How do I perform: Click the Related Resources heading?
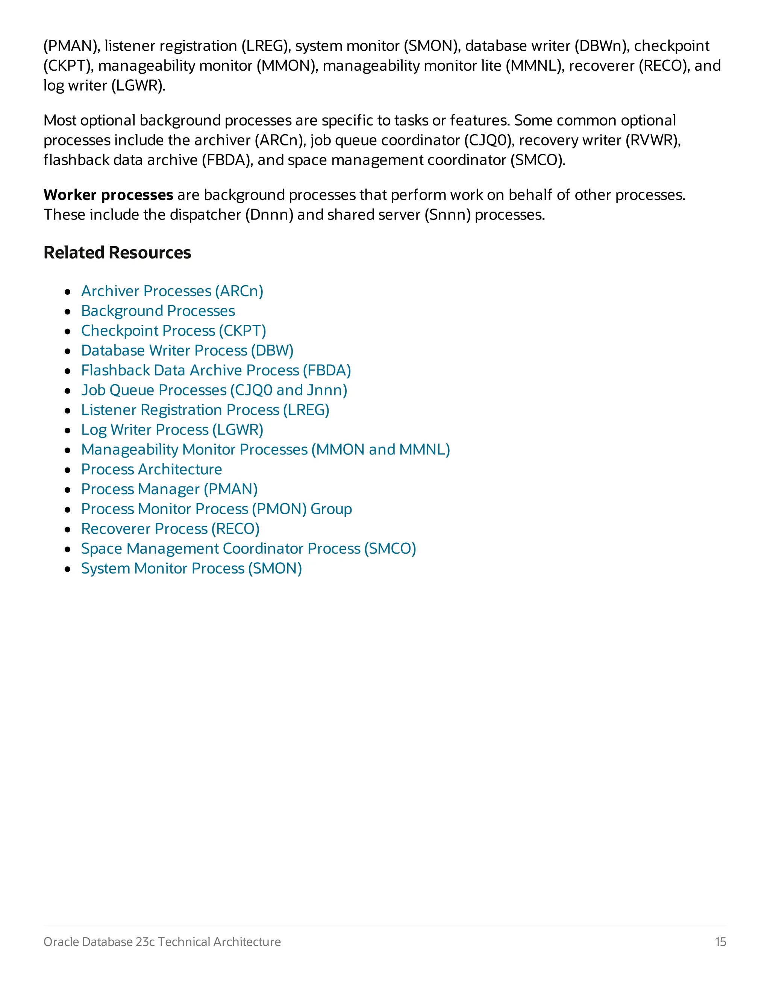pyautogui.click(x=117, y=253)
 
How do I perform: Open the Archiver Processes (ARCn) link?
pyautogui.click(x=172, y=291)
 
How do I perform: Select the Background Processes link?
pyautogui.click(x=158, y=311)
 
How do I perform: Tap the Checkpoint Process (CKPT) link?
pyautogui.click(x=173, y=331)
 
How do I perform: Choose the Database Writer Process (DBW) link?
pyautogui.click(x=187, y=351)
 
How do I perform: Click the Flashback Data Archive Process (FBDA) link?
pyautogui.click(x=216, y=370)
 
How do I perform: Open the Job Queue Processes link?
pyautogui.click(x=214, y=391)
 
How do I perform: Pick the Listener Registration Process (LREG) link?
pyautogui.click(x=205, y=410)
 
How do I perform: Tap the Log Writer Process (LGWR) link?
pyautogui.click(x=172, y=430)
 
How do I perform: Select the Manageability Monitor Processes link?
pyautogui.click(x=265, y=450)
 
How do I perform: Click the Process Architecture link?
pyautogui.click(x=152, y=469)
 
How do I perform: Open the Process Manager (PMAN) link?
pyautogui.click(x=169, y=489)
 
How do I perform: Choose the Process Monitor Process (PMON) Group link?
pyautogui.click(x=216, y=509)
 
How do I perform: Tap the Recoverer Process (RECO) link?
pyautogui.click(x=170, y=529)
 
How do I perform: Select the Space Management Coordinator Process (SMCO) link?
pyautogui.click(x=249, y=549)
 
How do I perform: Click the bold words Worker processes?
pyautogui.click(x=108, y=195)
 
